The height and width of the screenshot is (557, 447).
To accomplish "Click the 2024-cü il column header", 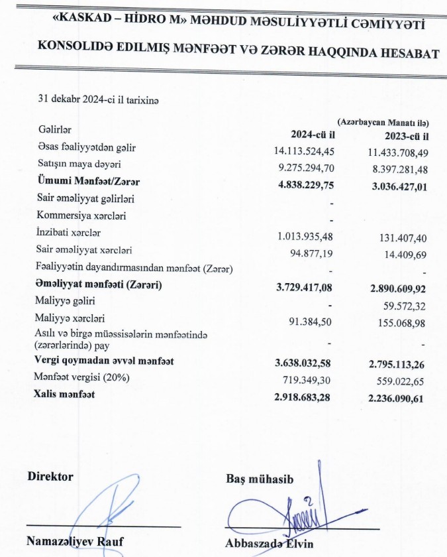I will pos(313,135).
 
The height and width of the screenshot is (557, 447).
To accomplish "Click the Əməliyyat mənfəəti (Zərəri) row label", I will pos(99,284).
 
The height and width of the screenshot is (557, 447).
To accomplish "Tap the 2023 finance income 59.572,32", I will pos(401,305).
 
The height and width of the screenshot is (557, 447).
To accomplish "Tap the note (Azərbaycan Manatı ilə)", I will pos(383,123).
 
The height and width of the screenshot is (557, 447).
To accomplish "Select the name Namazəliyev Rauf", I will pos(75,541).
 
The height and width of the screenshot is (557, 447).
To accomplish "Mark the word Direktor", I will pos(50,477).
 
